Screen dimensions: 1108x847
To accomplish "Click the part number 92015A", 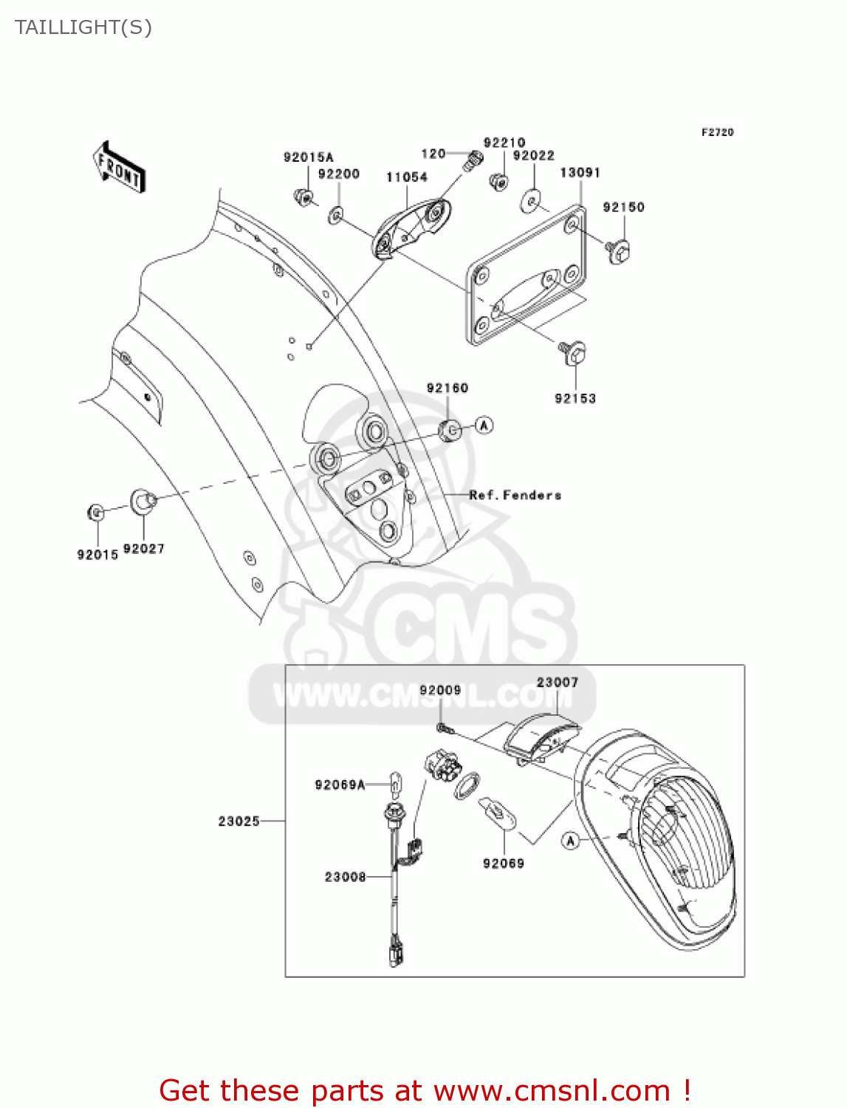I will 308,157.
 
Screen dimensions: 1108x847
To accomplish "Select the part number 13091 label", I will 580,173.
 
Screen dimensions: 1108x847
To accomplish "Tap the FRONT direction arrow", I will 119,168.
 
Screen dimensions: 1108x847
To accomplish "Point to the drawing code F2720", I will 717,132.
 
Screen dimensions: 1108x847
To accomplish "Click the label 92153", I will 575,399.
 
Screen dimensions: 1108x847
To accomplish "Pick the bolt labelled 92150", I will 617,252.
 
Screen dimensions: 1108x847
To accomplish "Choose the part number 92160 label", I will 447,389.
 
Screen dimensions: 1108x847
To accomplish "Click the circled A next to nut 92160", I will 484,425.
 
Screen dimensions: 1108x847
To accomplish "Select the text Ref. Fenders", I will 515,496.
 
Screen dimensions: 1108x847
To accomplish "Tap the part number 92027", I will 144,549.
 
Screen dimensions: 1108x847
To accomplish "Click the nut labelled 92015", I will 96,511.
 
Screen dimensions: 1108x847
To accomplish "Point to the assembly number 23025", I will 239,821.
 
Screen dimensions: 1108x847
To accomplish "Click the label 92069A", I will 340,784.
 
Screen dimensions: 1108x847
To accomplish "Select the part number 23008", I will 345,877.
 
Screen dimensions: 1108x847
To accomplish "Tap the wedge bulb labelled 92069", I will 498,813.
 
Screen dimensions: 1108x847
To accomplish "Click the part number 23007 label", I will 558,683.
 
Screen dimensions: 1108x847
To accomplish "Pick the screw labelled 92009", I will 445,728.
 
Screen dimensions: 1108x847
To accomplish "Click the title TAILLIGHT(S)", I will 83,27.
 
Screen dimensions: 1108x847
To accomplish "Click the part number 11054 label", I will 407,177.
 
